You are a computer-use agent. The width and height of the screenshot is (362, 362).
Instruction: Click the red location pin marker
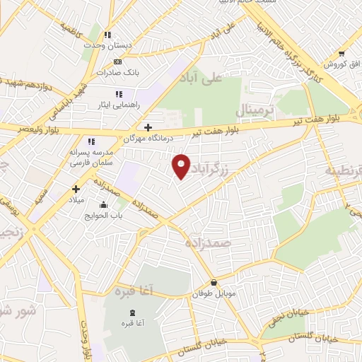pos(182,166)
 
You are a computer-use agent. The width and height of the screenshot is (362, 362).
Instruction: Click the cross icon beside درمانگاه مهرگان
pos(147,127)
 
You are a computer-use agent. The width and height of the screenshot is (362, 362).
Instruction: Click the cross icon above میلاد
pos(76,189)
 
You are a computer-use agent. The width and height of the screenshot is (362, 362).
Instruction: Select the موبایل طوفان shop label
pos(215,293)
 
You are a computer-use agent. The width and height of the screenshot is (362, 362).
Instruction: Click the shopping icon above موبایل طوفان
pos(214,282)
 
